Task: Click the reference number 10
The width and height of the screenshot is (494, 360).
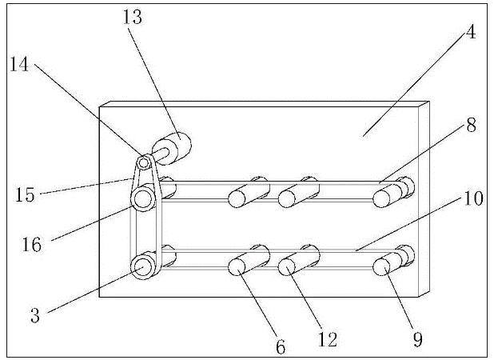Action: point(473,198)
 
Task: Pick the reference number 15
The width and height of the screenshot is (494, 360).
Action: point(25,194)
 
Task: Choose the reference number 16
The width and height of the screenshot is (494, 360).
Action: point(31,238)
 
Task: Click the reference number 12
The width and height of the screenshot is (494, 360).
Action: point(325,342)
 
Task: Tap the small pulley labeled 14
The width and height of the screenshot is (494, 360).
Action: point(144,163)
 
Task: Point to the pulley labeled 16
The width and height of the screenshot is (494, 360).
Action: point(144,198)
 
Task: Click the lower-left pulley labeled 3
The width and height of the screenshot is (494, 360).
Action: point(144,266)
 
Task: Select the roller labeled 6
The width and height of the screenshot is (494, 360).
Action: point(244,265)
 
